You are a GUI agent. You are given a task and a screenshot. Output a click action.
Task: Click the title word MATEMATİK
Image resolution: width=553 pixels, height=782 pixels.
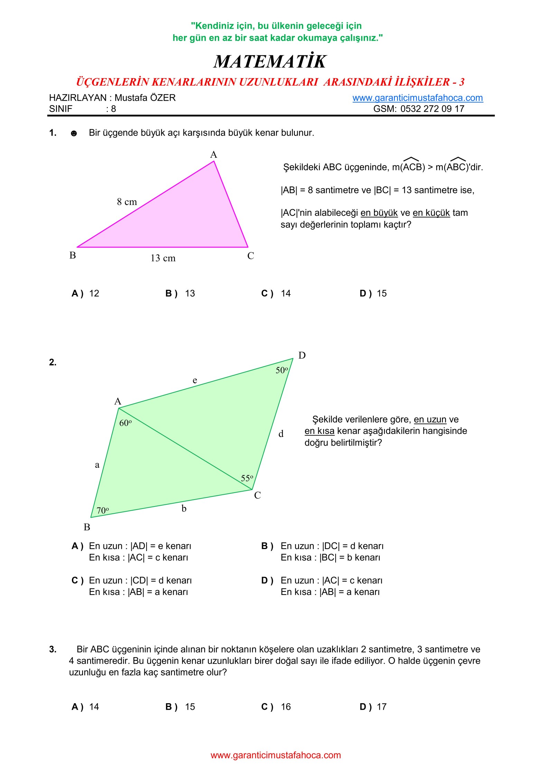[270, 62]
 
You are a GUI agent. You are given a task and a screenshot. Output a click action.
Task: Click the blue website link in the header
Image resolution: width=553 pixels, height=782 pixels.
[417, 98]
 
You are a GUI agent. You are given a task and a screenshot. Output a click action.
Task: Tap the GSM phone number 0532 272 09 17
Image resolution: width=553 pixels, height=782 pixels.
[432, 109]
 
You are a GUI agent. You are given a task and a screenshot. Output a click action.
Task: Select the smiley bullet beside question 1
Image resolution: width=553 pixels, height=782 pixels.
[74, 133]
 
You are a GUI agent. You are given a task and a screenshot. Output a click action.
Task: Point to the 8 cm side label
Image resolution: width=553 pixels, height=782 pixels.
[127, 202]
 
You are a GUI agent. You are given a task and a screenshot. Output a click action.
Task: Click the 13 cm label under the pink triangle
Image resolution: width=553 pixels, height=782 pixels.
[163, 258]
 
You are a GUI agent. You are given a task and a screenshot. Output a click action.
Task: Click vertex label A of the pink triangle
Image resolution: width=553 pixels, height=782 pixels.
[214, 155]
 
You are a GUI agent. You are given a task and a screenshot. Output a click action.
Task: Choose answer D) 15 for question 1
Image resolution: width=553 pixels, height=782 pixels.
[373, 294]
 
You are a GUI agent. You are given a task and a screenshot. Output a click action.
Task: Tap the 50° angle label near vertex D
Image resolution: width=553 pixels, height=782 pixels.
[282, 370]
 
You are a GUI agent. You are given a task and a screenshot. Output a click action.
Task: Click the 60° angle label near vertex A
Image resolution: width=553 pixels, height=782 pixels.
[125, 423]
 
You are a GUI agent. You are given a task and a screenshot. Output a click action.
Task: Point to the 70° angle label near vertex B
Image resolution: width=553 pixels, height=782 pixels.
[103, 510]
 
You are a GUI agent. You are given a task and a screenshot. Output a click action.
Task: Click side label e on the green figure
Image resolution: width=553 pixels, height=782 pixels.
[195, 380]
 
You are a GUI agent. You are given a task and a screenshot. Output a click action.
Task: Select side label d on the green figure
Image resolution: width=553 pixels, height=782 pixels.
[281, 434]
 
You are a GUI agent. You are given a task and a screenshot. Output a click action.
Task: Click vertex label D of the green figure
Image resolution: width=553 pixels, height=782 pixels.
[302, 355]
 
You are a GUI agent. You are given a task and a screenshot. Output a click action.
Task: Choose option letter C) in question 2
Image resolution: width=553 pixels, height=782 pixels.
[77, 580]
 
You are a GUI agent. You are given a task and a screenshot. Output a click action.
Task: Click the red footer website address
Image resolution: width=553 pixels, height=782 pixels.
[276, 755]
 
